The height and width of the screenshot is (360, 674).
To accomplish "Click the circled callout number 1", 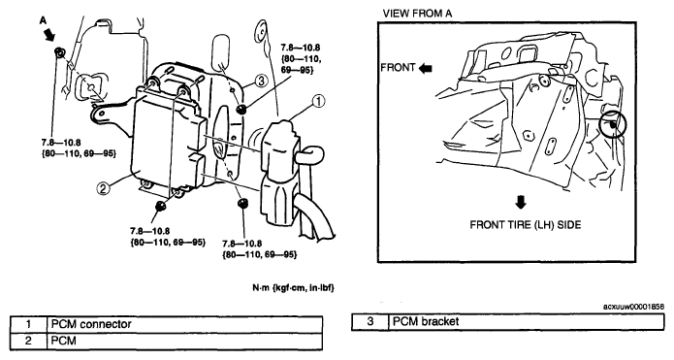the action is pyautogui.click(x=318, y=102).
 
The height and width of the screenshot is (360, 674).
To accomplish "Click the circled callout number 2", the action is pyautogui.click(x=102, y=188).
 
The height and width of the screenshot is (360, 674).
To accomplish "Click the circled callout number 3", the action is pyautogui.click(x=261, y=81).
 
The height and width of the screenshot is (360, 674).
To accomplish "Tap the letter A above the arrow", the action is pyautogui.click(x=44, y=20).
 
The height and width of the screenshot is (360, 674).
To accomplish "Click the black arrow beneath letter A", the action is pyautogui.click(x=49, y=34).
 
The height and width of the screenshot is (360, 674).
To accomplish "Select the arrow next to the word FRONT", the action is pyautogui.click(x=425, y=68).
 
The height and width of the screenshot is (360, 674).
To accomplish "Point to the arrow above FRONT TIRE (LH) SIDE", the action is pyautogui.click(x=521, y=202).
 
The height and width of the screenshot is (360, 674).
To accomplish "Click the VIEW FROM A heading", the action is pyautogui.click(x=417, y=14).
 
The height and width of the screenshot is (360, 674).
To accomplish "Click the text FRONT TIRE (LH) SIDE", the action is pyautogui.click(x=526, y=224).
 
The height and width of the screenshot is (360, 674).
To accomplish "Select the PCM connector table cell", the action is pyautogui.click(x=185, y=324).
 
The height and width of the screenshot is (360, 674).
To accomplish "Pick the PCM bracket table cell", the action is pyautogui.click(x=527, y=322).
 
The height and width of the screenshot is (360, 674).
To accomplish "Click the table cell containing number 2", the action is pyautogui.click(x=28, y=341).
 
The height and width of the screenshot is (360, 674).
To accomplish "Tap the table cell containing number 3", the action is pyautogui.click(x=370, y=322).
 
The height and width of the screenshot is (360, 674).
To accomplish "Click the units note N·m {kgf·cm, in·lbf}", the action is pyautogui.click(x=293, y=288).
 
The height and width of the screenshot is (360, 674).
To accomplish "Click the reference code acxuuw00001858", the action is pyautogui.click(x=633, y=307).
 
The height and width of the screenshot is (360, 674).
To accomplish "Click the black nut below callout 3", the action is pyautogui.click(x=241, y=110).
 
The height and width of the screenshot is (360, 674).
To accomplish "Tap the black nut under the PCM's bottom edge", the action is pyautogui.click(x=161, y=206).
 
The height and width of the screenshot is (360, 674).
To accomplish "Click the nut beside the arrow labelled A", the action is pyautogui.click(x=59, y=52).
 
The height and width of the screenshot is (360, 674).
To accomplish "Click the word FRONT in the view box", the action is pyautogui.click(x=398, y=68).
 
